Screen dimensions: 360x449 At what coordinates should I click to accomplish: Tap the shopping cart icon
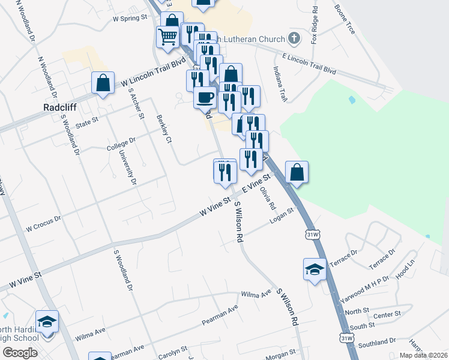(167, 36)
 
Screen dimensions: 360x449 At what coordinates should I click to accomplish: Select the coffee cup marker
(205, 97)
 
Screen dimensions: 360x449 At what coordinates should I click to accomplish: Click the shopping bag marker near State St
(103, 83)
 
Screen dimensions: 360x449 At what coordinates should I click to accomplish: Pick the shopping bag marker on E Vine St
(297, 172)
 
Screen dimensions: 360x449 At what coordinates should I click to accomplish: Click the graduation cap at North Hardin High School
(47, 321)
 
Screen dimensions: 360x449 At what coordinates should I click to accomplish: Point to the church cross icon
(294, 39)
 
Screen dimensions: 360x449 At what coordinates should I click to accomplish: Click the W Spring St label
(130, 19)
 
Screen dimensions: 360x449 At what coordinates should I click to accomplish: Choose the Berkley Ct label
(164, 128)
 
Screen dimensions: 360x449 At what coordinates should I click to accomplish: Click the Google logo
(20, 352)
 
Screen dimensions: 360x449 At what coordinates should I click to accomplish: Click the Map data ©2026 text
(423, 355)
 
